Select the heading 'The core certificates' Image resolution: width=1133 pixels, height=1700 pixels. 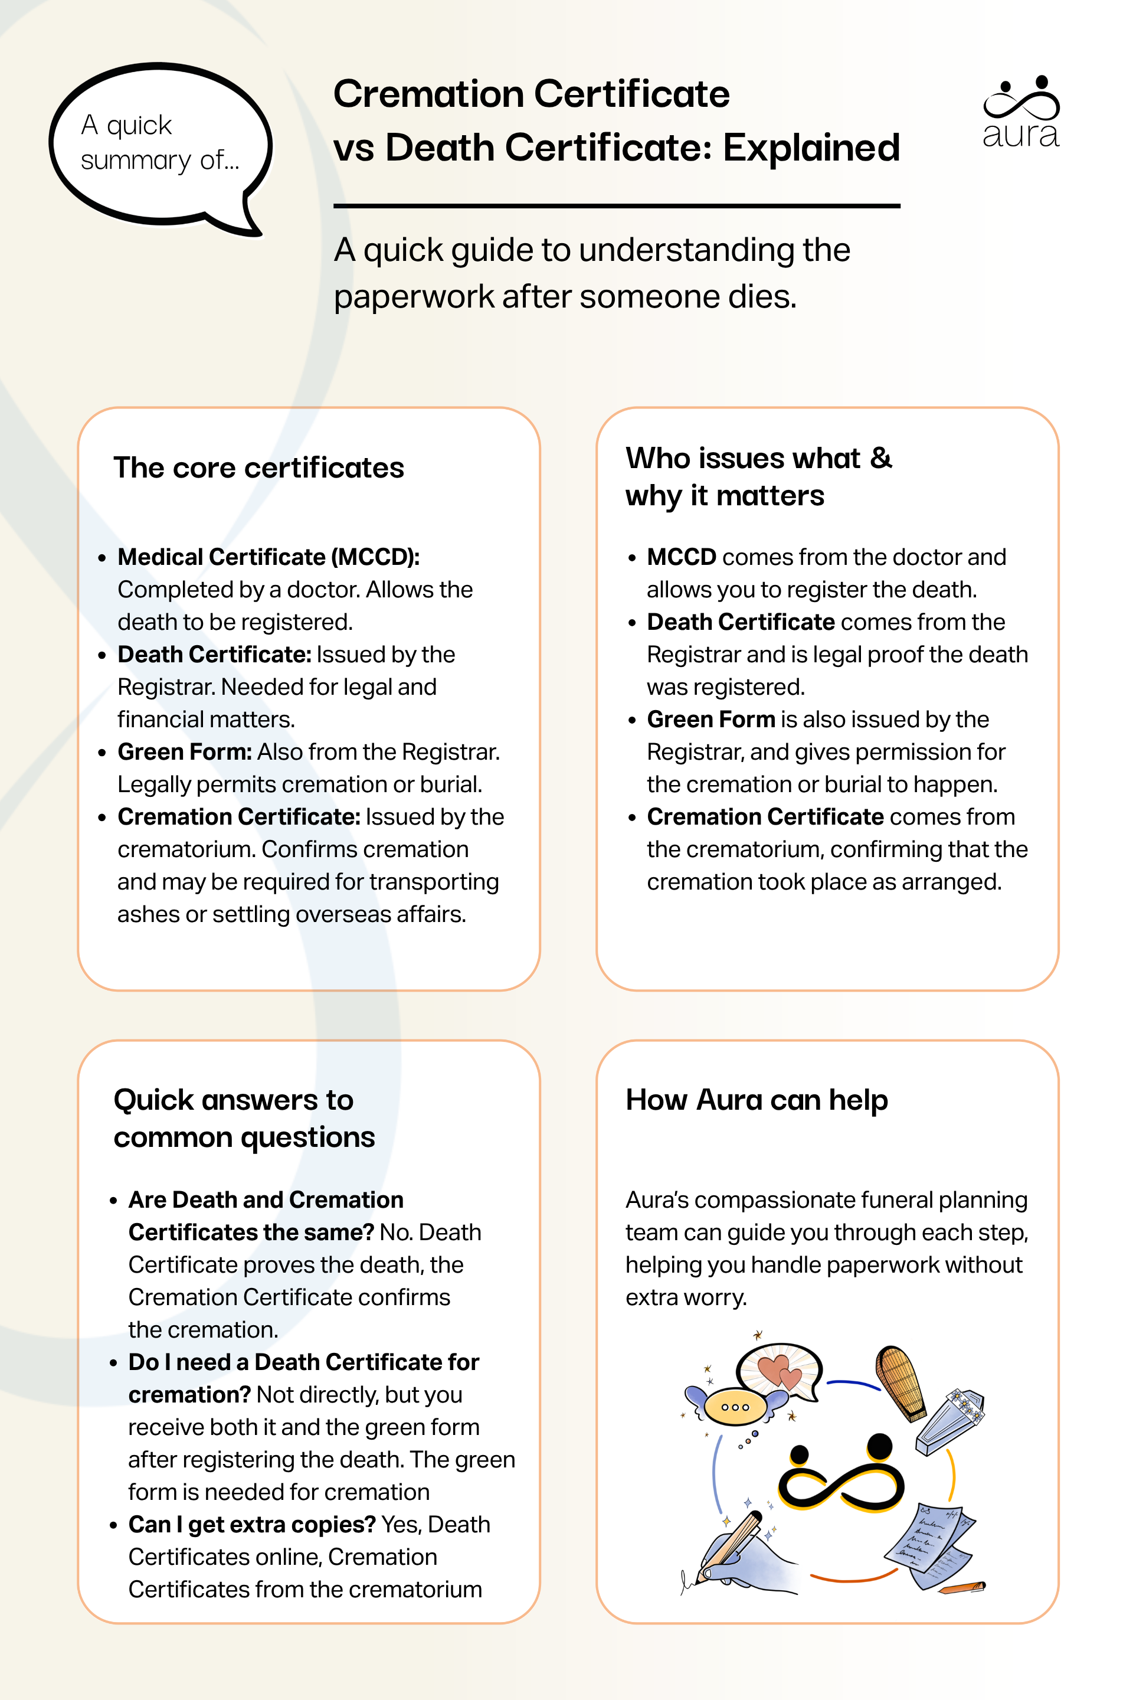[258, 468]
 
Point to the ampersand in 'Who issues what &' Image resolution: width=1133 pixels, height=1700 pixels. [881, 457]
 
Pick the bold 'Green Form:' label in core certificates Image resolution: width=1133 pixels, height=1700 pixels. [185, 751]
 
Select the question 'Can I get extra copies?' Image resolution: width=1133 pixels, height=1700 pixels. [252, 1524]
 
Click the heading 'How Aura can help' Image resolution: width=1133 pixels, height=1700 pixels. [756, 1100]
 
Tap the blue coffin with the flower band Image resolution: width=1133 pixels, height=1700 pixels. [949, 1420]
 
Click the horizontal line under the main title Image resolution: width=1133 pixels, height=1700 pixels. [616, 206]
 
